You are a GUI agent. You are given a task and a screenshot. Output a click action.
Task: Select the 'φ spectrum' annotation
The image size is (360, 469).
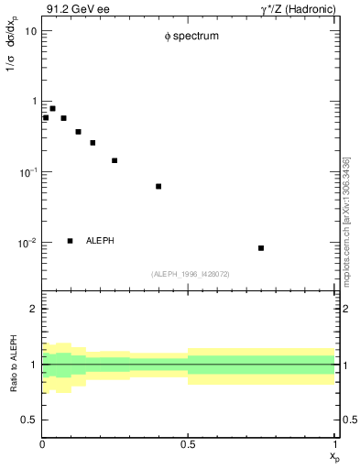click(191, 38)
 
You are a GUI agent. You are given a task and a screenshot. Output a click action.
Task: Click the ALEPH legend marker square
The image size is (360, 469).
click(70, 241)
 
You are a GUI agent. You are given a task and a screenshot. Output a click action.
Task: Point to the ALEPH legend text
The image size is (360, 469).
click(100, 241)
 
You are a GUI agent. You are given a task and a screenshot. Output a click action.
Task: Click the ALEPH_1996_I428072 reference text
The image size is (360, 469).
click(190, 273)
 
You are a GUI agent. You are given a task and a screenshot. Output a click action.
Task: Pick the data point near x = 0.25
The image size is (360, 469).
click(115, 160)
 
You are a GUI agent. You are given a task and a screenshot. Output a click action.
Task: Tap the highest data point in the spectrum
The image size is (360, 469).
click(52, 108)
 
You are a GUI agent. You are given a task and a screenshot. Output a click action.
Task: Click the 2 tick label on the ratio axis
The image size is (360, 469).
click(33, 310)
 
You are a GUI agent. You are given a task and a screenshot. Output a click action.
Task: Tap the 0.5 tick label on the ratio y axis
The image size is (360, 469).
click(30, 420)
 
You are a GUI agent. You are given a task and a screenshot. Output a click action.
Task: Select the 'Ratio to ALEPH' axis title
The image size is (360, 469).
click(13, 365)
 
